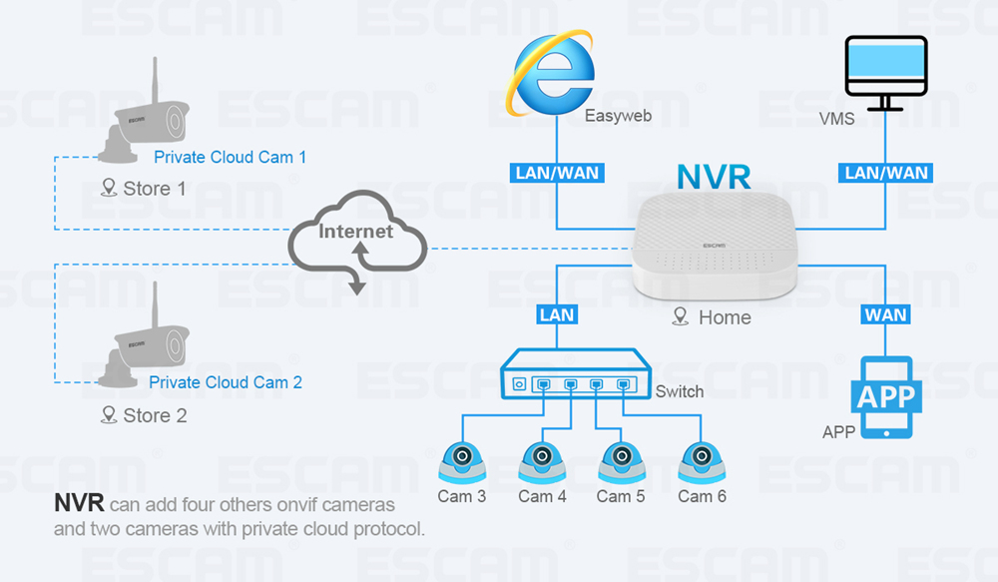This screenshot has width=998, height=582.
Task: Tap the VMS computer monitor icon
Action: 885,72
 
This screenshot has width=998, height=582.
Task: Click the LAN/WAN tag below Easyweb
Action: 557,173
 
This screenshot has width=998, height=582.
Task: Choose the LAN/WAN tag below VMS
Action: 886,173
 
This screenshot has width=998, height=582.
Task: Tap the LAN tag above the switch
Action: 557,314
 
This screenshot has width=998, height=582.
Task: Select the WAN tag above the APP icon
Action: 886,314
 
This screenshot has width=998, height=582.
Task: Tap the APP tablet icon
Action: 886,396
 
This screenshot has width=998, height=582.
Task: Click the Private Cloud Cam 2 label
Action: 226,382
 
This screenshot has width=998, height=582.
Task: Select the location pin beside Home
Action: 681,317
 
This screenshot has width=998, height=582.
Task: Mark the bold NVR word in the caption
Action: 78,503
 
